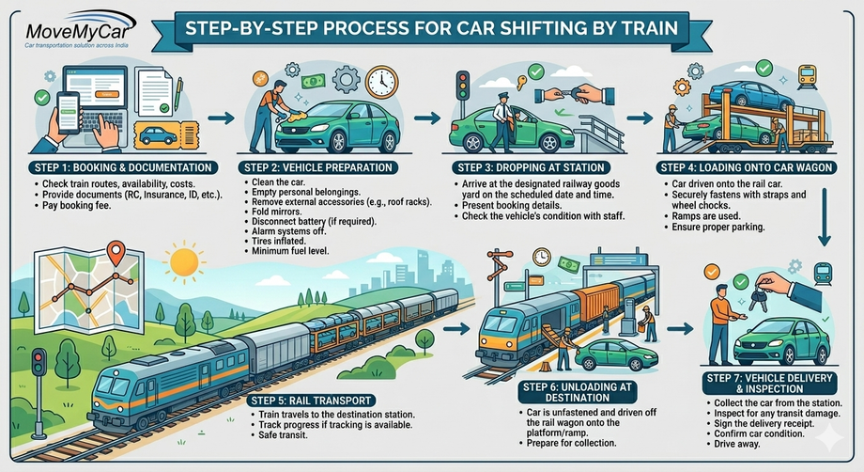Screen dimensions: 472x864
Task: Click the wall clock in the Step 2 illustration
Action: click(382, 82)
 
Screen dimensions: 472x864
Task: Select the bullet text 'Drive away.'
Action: click(737, 445)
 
